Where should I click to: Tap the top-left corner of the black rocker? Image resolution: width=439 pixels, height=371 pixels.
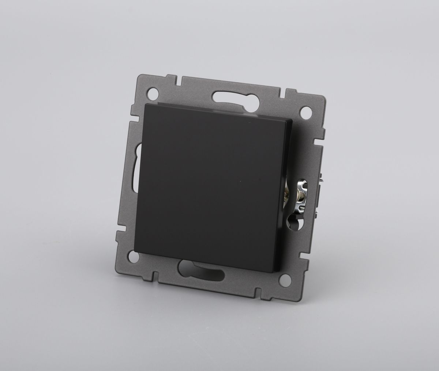(x=146, y=104)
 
